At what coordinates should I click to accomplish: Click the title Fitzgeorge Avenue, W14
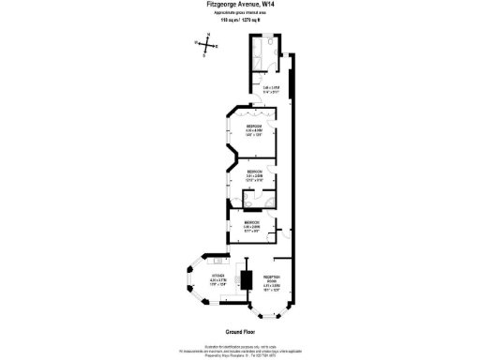point(239,4)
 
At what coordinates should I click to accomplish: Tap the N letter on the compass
point(208,37)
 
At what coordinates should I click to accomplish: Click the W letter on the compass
point(196,43)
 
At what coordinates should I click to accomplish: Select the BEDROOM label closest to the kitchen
point(252,223)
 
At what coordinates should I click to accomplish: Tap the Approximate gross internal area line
point(239,11)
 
